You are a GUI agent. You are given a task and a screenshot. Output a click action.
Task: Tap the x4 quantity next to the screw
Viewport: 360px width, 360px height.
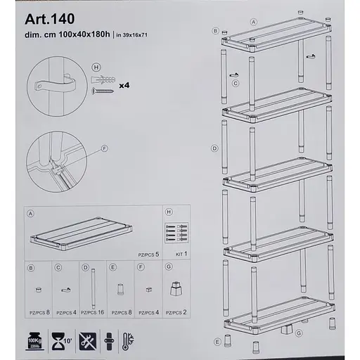tap(123, 86)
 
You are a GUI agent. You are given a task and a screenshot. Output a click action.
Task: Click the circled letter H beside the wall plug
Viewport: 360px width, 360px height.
tap(94, 67)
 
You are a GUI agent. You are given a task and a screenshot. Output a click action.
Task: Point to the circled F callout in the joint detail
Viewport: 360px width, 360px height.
tap(105, 148)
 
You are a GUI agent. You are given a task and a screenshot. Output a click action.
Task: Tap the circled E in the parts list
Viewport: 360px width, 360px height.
tap(112, 267)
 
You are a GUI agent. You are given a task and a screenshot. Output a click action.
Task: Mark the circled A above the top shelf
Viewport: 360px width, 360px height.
tap(243, 21)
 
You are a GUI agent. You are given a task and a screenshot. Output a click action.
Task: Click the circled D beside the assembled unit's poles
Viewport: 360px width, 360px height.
tap(213, 149)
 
